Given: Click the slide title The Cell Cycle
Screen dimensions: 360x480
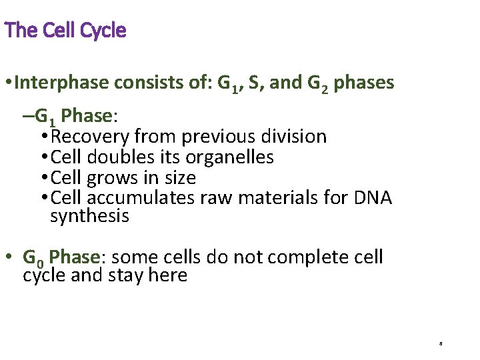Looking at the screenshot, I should [65, 31].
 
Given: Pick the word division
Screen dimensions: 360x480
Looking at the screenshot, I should [296, 137].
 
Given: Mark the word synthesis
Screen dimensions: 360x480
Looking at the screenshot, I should [89, 217].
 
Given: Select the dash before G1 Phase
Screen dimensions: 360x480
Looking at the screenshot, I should [27, 117].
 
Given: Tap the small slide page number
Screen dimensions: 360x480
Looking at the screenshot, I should [441, 344].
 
